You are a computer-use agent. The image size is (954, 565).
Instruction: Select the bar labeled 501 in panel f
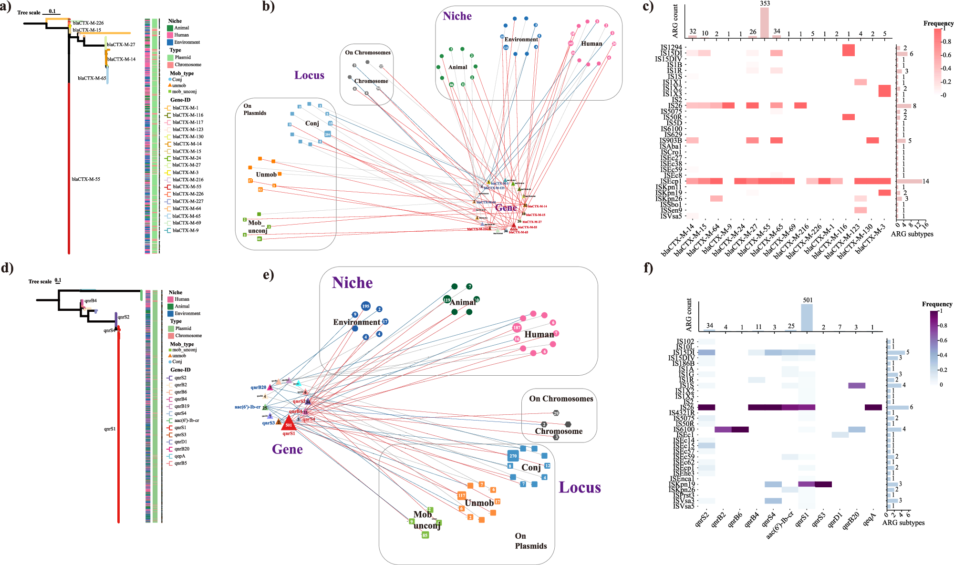[x=807, y=318]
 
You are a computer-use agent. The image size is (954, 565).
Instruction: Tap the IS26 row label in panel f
[x=687, y=407]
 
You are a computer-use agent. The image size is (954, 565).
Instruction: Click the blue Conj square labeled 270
[x=513, y=456]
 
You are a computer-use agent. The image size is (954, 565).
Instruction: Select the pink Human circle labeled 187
[x=517, y=328]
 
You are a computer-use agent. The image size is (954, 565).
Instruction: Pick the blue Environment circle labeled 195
[x=365, y=306]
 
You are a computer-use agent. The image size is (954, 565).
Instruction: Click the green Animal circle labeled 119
[x=447, y=300]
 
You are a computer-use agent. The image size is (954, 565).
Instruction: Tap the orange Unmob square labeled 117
[x=461, y=495]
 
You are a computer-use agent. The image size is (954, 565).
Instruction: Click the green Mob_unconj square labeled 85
[x=425, y=535]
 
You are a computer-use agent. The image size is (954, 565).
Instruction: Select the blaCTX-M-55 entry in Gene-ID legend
[x=187, y=187]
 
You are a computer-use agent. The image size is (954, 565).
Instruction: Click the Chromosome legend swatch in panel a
[x=170, y=64]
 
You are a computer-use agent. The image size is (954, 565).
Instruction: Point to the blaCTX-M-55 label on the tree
[x=86, y=179]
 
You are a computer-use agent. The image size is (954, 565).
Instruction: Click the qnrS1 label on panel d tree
[x=110, y=429]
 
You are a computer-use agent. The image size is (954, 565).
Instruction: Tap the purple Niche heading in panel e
[x=352, y=283]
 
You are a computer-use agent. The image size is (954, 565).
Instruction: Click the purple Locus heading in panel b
[x=309, y=75]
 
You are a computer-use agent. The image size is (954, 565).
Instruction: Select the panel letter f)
[x=648, y=267]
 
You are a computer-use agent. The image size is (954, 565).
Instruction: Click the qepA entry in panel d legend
[x=180, y=456]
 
